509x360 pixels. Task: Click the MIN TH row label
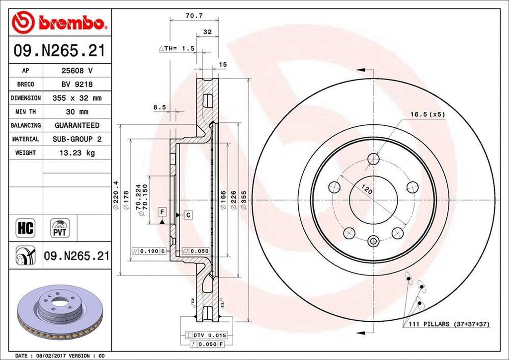[x=25, y=112]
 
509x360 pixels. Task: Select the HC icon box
[x=25, y=228]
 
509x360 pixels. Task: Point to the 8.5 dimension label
[x=159, y=106]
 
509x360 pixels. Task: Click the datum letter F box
[x=162, y=212]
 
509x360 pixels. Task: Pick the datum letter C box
[x=189, y=215]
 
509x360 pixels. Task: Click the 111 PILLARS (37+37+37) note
[x=449, y=324]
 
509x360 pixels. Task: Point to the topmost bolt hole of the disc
[x=373, y=159]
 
